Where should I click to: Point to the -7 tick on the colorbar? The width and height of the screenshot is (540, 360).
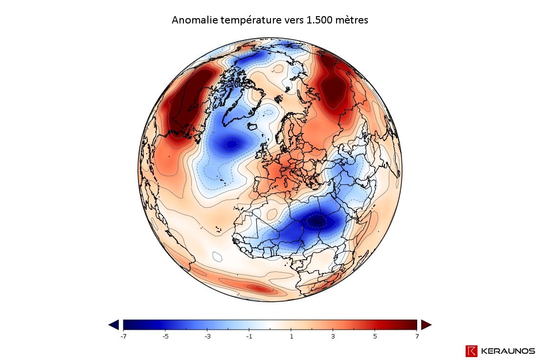(x=123, y=337)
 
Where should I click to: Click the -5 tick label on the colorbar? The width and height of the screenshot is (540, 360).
(x=165, y=337)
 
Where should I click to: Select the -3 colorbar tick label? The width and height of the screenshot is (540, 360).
(x=207, y=337)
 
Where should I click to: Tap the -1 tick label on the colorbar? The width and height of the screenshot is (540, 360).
(x=249, y=337)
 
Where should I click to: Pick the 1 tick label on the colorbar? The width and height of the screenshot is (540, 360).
(x=292, y=337)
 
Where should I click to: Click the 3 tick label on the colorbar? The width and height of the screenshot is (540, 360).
(x=333, y=337)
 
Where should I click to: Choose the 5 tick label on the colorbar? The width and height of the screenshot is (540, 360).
(x=375, y=337)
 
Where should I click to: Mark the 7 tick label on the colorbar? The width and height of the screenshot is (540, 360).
(x=417, y=337)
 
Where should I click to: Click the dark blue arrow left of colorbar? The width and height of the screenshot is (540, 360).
(x=113, y=325)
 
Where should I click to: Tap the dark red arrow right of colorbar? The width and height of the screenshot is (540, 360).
(x=426, y=325)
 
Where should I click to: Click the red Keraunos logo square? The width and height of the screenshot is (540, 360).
(x=472, y=351)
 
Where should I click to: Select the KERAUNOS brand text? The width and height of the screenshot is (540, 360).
(x=508, y=351)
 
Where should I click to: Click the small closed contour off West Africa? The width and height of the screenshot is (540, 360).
(x=217, y=256)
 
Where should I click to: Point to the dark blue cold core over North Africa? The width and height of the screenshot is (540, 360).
(x=317, y=222)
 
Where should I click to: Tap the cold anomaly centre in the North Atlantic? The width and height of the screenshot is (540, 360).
(x=231, y=144)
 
